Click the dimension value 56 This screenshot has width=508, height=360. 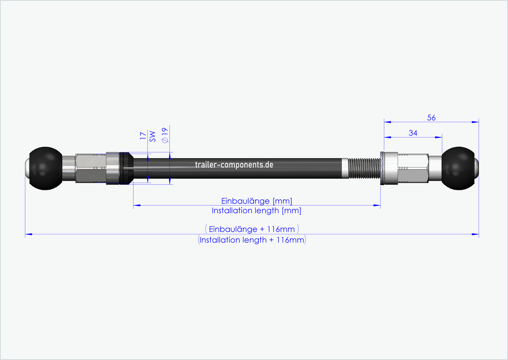[431, 118]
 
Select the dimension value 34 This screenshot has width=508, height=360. [412, 133]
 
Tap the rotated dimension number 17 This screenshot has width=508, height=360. [143, 136]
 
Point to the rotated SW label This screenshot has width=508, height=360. [152, 136]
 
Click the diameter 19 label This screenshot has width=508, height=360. [165, 135]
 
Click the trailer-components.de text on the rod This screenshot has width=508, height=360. [234, 165]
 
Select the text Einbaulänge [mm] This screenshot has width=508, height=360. [256, 201]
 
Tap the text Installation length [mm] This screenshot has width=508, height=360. [256, 211]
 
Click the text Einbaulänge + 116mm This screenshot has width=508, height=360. [252, 229]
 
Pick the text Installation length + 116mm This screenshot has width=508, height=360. [252, 240]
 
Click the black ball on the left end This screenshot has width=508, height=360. [46, 168]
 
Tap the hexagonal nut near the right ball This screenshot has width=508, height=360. [413, 168]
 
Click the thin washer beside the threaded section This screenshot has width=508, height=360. [382, 168]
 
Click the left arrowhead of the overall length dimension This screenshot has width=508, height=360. [28, 235]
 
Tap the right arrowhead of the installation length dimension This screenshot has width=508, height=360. [377, 206]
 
